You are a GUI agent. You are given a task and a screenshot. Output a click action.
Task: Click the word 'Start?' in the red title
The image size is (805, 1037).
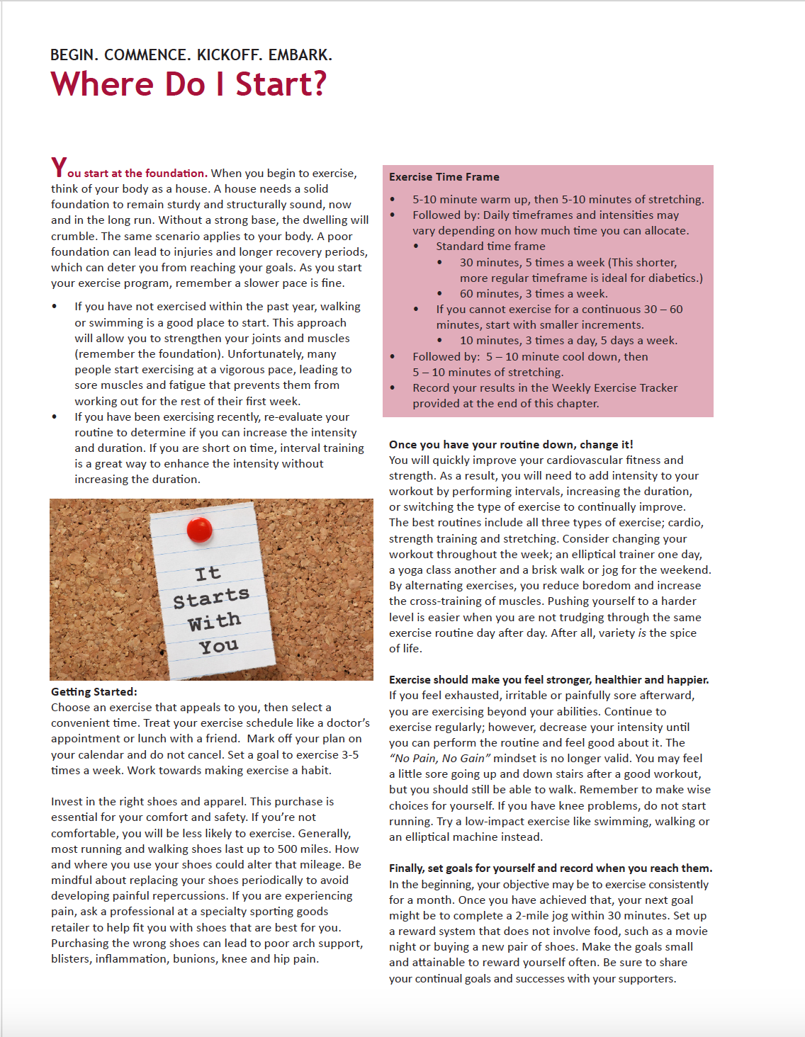[x=281, y=84]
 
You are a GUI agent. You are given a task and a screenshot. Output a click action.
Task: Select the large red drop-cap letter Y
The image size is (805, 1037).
[x=58, y=168]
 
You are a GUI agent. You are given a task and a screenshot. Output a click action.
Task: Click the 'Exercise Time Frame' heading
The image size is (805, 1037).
[x=444, y=177]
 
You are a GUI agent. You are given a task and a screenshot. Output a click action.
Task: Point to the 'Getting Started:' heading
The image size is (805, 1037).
[x=94, y=691]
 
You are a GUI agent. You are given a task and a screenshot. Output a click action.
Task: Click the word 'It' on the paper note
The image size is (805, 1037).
[x=208, y=573]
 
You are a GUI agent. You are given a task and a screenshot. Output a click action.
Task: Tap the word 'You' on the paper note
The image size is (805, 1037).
[x=218, y=645]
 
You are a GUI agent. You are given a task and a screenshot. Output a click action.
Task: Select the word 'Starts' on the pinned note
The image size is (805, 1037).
[x=211, y=598]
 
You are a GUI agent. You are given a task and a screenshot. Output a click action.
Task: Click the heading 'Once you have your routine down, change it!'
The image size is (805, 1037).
[x=511, y=444]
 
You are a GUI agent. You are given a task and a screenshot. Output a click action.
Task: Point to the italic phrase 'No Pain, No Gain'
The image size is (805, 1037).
[x=439, y=758]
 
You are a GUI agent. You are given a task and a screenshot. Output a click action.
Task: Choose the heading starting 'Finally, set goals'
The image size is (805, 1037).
[x=550, y=868]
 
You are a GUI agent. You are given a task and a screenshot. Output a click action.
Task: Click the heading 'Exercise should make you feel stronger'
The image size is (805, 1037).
[x=548, y=679]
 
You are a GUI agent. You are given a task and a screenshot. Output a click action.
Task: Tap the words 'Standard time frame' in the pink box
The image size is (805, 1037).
[x=490, y=246]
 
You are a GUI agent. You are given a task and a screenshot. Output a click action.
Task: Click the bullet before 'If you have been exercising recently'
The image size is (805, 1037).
[x=55, y=416]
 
